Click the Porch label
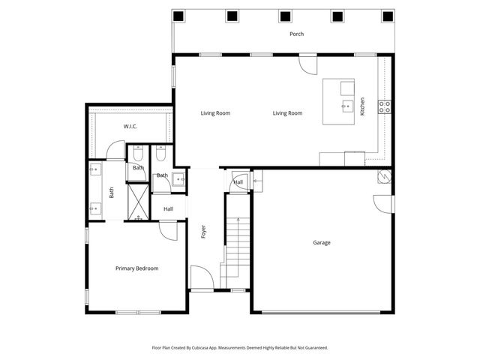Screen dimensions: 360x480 coord(297,34)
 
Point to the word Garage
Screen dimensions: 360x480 coord(322,242)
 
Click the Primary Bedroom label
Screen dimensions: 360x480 coord(136,268)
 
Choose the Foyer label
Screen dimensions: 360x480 coord(203,232)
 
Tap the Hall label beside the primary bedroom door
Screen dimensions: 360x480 coord(168,208)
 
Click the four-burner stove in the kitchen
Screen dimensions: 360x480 coord(384,106)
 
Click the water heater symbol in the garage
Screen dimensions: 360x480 coord(383,176)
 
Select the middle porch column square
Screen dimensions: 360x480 coord(285,16)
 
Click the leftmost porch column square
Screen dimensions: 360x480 coord(178,16)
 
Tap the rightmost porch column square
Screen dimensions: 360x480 coord(387,16)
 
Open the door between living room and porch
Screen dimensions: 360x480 coord(307,63)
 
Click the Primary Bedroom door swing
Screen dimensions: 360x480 coord(168,230)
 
